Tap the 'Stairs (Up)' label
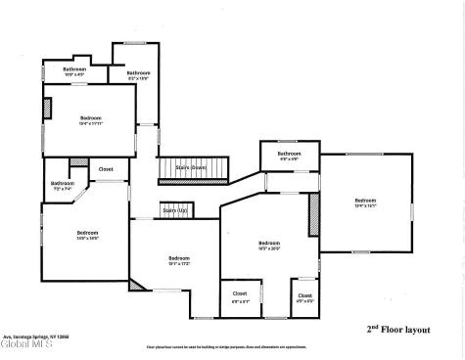coord(174,209)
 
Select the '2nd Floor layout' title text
coord(398,329)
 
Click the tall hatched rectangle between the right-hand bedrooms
coord(315,215)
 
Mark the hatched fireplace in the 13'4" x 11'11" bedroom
coord(46,108)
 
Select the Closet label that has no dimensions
coord(106,169)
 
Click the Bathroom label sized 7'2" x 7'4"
coord(63,185)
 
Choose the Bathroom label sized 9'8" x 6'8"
coord(289,155)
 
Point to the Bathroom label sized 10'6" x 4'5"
coord(75,70)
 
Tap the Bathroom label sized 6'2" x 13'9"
coord(138,74)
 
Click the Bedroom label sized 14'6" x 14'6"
coord(87,234)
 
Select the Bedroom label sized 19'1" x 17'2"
coord(178,259)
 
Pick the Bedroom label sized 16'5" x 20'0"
coord(269,245)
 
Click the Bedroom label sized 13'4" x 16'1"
coord(366,202)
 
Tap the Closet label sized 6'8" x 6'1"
coord(240,295)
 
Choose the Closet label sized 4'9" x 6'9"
coord(304,296)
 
